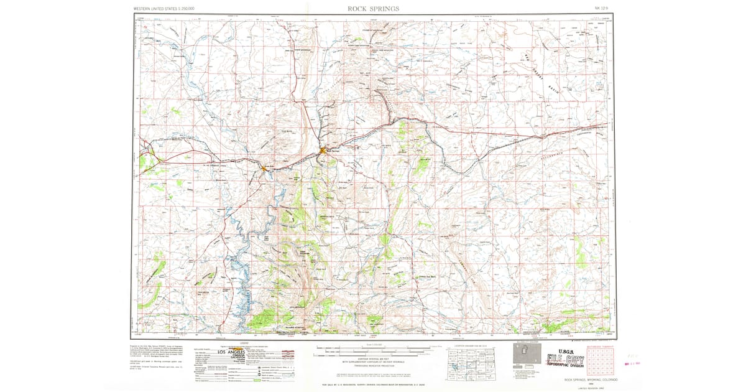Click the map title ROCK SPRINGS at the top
coord(374,9)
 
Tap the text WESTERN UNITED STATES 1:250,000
coord(163,9)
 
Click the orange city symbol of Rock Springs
coord(323,151)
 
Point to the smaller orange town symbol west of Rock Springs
coord(264,168)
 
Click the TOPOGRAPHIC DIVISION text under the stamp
coord(564,367)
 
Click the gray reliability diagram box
coord(523,354)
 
